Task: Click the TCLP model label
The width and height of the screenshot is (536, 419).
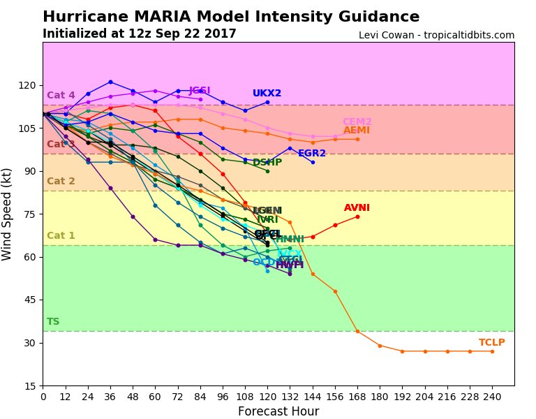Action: point(491,343)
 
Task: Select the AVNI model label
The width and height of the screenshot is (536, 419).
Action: point(357,208)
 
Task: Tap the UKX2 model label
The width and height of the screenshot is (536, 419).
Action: point(267,94)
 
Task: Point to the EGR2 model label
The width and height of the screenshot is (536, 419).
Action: point(312,154)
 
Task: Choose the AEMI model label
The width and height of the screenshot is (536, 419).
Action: point(356,131)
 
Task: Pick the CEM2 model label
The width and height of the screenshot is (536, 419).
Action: point(357,122)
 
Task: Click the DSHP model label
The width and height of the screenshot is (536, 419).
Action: point(267,163)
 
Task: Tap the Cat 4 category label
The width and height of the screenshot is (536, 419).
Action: point(61,96)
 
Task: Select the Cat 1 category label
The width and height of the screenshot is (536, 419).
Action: point(61,236)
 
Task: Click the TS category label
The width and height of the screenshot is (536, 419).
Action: point(53,322)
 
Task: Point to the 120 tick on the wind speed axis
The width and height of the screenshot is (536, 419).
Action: point(27,85)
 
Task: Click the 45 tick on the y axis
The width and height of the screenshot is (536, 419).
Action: point(30,300)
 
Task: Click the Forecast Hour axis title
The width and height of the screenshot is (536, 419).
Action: point(278,411)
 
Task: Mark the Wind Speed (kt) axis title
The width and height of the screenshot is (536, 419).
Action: point(8,214)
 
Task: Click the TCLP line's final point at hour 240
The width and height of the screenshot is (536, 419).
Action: point(492,351)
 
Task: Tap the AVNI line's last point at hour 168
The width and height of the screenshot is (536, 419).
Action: point(357,216)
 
